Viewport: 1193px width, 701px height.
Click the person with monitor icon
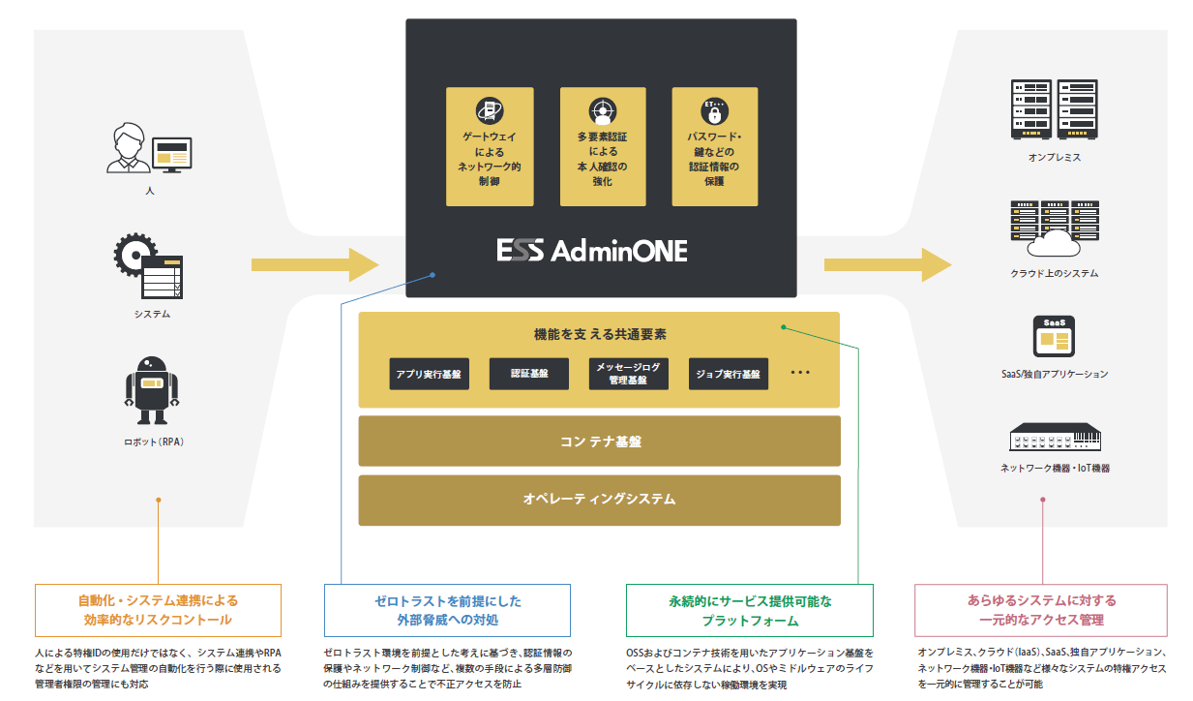(150, 148)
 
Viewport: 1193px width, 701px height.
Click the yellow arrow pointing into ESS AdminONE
(314, 264)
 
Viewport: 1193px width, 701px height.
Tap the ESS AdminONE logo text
(592, 251)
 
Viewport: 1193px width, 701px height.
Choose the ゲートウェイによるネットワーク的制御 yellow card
(490, 146)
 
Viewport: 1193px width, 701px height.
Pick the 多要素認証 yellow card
(603, 146)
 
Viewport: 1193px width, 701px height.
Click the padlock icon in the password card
(715, 112)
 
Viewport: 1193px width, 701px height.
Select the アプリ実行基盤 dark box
(429, 374)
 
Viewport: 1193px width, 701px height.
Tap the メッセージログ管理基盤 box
(629, 374)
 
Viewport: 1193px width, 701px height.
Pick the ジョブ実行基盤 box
(729, 374)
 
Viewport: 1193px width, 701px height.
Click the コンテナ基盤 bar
(599, 442)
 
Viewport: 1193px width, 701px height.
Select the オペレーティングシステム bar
(599, 500)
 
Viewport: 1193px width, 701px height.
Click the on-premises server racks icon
(1054, 109)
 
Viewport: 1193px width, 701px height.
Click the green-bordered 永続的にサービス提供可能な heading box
(750, 610)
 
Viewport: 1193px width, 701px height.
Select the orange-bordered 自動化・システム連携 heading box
(158, 610)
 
